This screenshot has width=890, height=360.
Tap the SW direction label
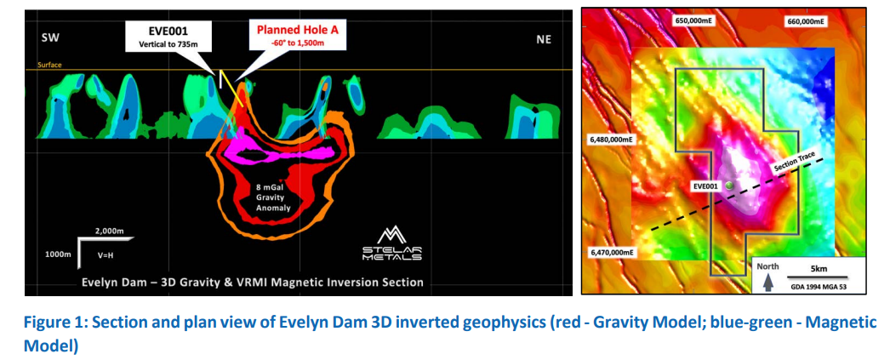(49, 37)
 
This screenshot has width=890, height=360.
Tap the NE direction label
(544, 37)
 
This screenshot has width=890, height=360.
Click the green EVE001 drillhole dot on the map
(728, 195)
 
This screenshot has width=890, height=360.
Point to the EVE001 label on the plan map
(706, 186)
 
